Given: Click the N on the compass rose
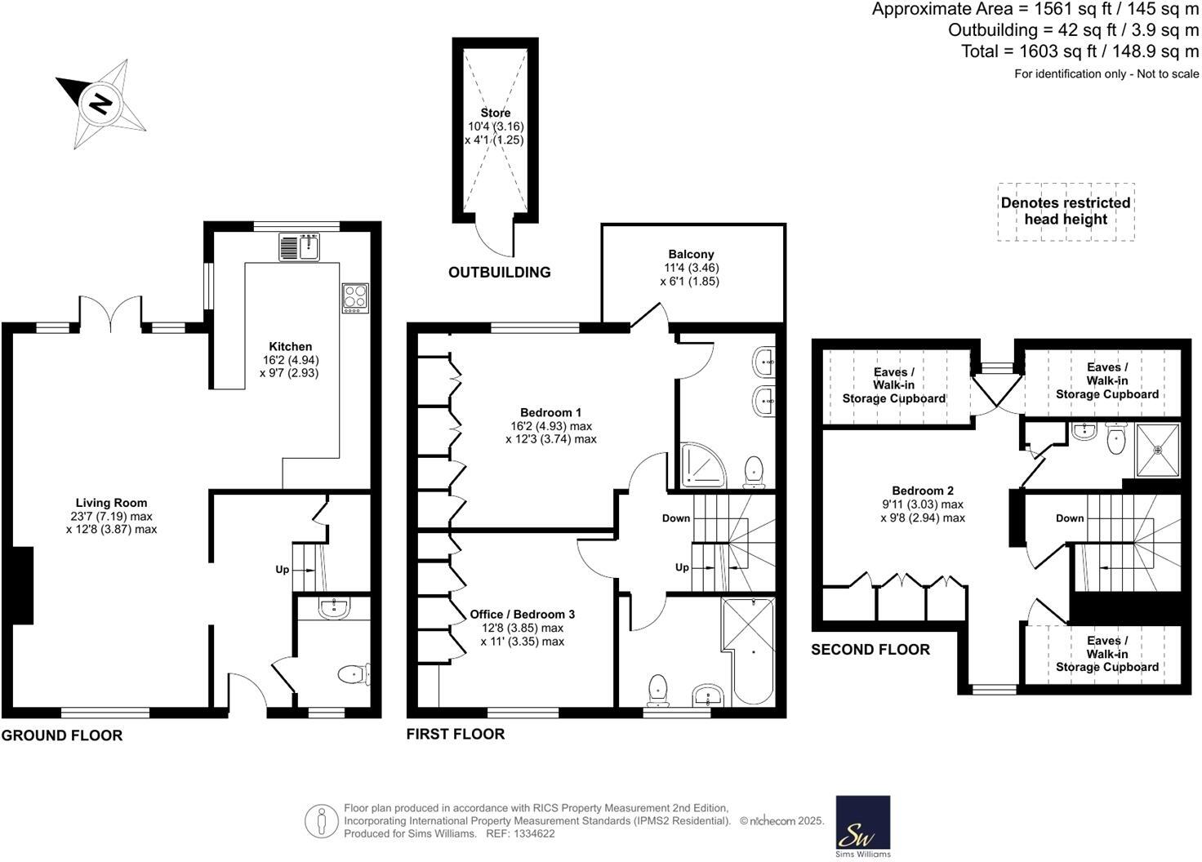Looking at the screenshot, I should click(x=100, y=104).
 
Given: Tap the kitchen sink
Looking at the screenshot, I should click(x=299, y=247).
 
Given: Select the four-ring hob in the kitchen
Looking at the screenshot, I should click(x=355, y=297).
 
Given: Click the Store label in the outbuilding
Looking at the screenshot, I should click(x=495, y=113).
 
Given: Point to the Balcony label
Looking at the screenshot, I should click(x=691, y=254).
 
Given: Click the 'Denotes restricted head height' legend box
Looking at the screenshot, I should click(x=1066, y=211).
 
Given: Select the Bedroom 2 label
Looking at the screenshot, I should click(x=923, y=491).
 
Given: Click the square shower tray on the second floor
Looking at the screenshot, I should click(x=1157, y=450).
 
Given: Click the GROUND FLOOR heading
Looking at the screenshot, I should click(x=62, y=735).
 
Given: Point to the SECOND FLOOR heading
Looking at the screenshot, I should click(x=870, y=650).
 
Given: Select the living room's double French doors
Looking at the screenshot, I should click(x=110, y=313).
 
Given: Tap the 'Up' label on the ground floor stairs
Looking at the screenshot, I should click(x=282, y=569).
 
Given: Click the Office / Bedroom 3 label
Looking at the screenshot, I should click(x=523, y=614).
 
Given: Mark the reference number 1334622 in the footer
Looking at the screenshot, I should click(x=532, y=833).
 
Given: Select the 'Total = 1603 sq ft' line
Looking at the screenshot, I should click(x=1080, y=51).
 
